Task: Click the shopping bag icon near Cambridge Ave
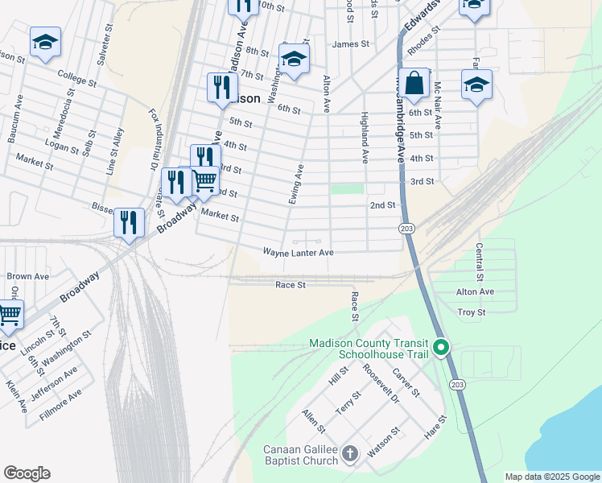pos(414,85)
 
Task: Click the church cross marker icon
pos(349,454)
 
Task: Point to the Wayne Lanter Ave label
pos(298,253)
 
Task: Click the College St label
pos(77,77)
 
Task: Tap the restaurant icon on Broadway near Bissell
pos(129,222)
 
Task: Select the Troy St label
pos(471,312)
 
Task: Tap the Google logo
pos(27,473)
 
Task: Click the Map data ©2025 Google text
pos(551,477)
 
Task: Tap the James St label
pos(350,44)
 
